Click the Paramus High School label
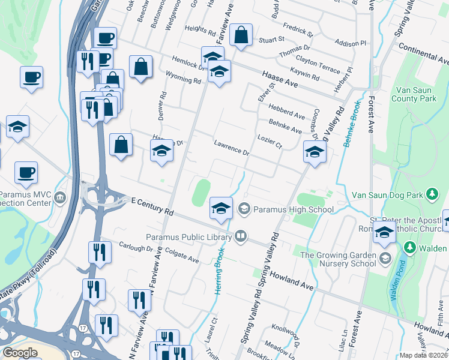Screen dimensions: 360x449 pyautogui.click(x=293, y=209)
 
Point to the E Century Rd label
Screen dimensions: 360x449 pyautogui.click(x=152, y=208)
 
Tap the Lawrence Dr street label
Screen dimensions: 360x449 pyautogui.click(x=231, y=147)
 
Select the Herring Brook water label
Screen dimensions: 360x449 pyautogui.click(x=220, y=270)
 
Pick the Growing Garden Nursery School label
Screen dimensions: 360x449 pyautogui.click(x=338, y=259)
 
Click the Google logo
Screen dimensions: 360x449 pyautogui.click(x=20, y=353)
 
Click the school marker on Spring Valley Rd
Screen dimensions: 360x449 pyautogui.click(x=314, y=152)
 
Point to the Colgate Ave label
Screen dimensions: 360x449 pyautogui.click(x=181, y=257)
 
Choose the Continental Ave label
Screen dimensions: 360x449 pyautogui.click(x=423, y=53)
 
